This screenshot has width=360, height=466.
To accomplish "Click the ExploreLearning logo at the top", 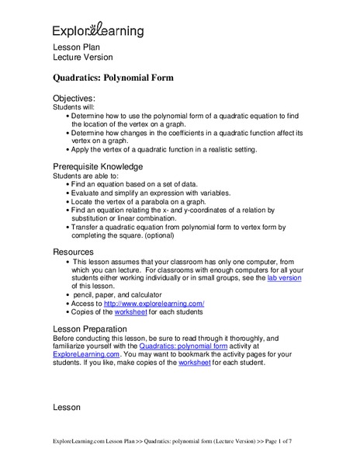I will (x=97, y=31).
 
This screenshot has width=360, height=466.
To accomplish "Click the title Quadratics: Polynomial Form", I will (x=113, y=78).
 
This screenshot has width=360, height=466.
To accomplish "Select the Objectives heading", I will (x=74, y=99).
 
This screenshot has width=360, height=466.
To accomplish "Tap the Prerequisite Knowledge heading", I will (x=97, y=166).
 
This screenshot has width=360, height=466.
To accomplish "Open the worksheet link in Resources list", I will (x=131, y=312).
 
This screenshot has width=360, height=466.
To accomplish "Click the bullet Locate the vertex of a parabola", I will (x=139, y=200).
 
